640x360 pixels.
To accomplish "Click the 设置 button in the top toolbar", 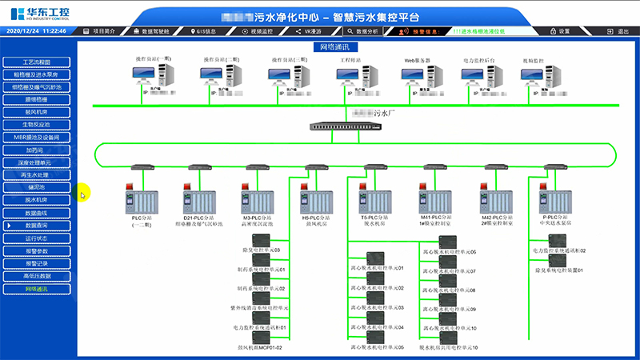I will click(x=561, y=30).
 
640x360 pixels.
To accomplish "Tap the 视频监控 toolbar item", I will click(x=258, y=30).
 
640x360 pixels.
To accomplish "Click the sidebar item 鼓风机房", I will click(x=37, y=112).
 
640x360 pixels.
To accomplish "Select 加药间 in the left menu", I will click(x=37, y=150).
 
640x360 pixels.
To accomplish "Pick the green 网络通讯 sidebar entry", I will click(x=37, y=288).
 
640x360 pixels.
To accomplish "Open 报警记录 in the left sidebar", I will click(x=37, y=263).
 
